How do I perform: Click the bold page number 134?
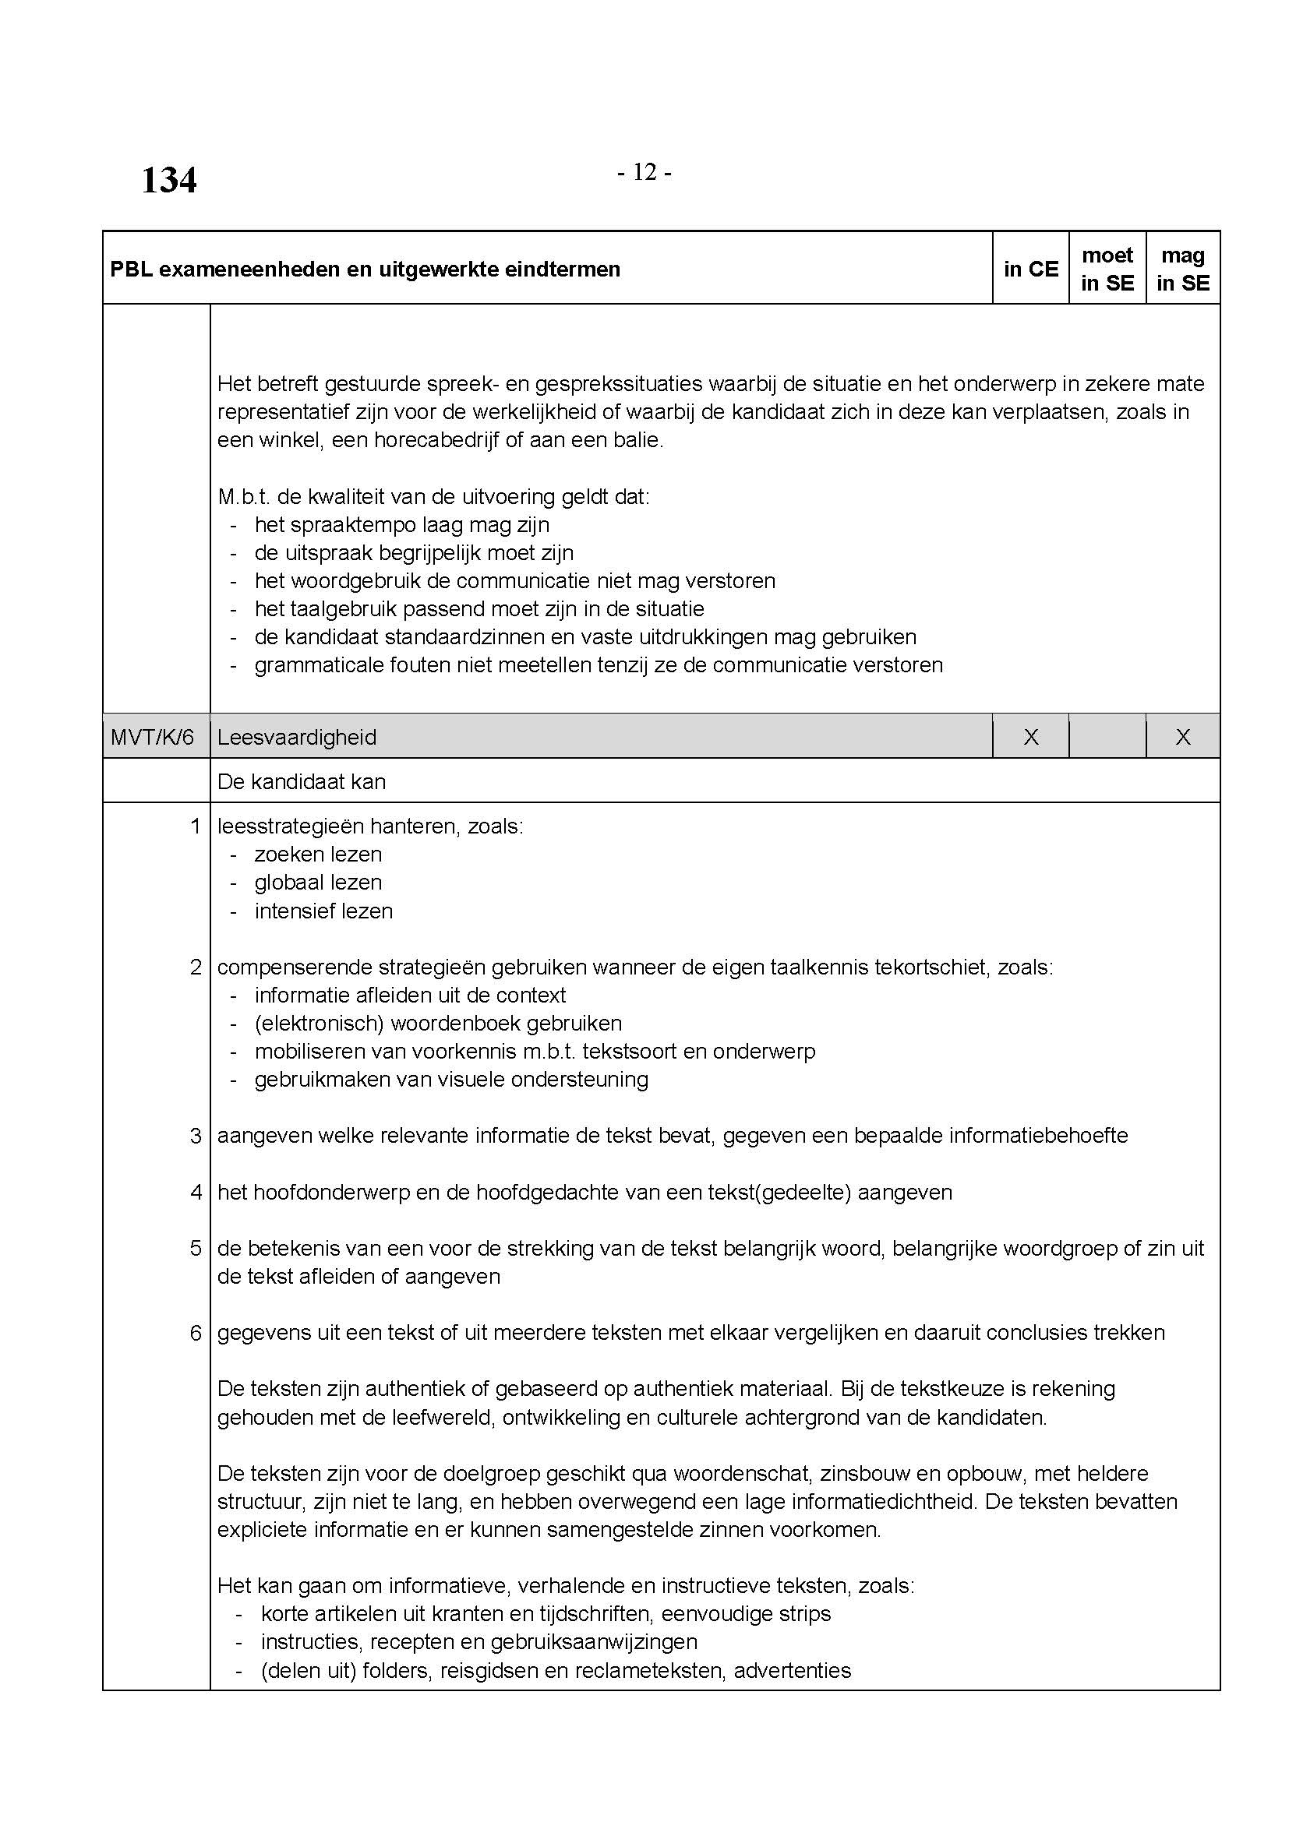tap(168, 180)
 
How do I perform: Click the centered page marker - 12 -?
tap(644, 172)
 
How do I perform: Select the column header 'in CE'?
tap(1030, 269)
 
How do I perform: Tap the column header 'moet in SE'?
tap(1107, 269)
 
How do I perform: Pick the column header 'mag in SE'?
tap(1183, 269)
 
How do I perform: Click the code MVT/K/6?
tap(153, 737)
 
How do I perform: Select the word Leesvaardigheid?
tap(297, 737)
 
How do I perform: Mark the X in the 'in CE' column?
tap(1030, 737)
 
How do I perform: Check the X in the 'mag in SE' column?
tap(1183, 737)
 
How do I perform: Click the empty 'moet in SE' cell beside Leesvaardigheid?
tap(1107, 737)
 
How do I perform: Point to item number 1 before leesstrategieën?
tap(196, 826)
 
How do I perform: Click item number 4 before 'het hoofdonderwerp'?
tap(196, 1192)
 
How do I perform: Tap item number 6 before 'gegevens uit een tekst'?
tap(196, 1332)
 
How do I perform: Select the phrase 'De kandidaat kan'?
tap(302, 781)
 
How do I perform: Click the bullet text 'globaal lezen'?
tap(318, 883)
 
